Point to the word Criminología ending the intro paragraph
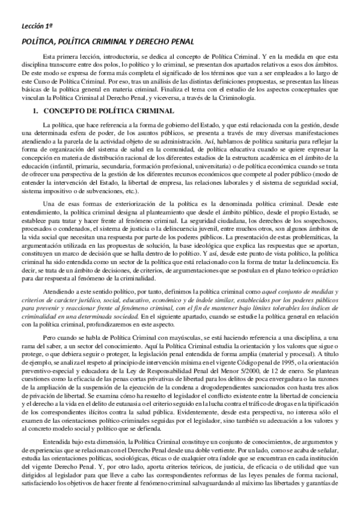tap(237, 97)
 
